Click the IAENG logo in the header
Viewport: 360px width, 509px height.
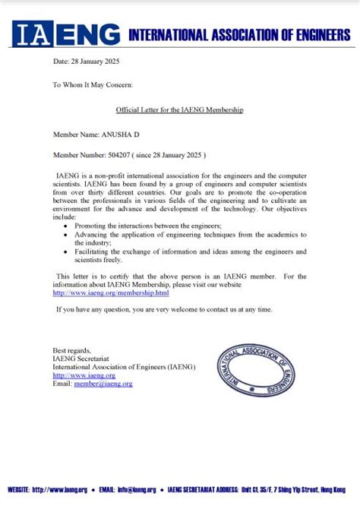point(67,34)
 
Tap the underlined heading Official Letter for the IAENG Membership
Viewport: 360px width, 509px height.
point(178,109)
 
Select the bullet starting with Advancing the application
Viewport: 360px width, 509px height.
point(190,238)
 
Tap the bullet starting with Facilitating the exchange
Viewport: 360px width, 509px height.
point(190,255)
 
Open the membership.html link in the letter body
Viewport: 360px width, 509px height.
point(100,292)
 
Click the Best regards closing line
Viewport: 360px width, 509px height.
point(71,347)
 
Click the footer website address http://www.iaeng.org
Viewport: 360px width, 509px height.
point(59,490)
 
